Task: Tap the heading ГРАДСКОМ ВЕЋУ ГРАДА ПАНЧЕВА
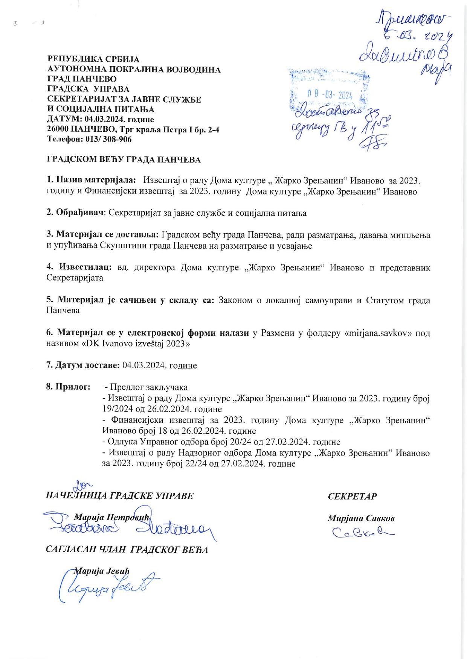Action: [124, 159]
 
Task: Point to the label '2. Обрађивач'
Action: [75, 213]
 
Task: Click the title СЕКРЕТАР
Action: [352, 496]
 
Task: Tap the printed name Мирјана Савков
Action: [361, 518]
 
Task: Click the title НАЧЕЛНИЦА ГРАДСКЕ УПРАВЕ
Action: [119, 496]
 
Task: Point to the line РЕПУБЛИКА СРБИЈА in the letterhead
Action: [93, 59]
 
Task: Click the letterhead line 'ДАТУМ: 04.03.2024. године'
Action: [100, 120]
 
